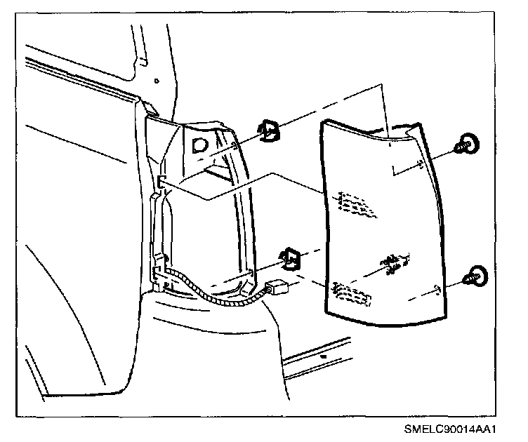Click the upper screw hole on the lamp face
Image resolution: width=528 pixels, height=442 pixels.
point(418,166)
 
